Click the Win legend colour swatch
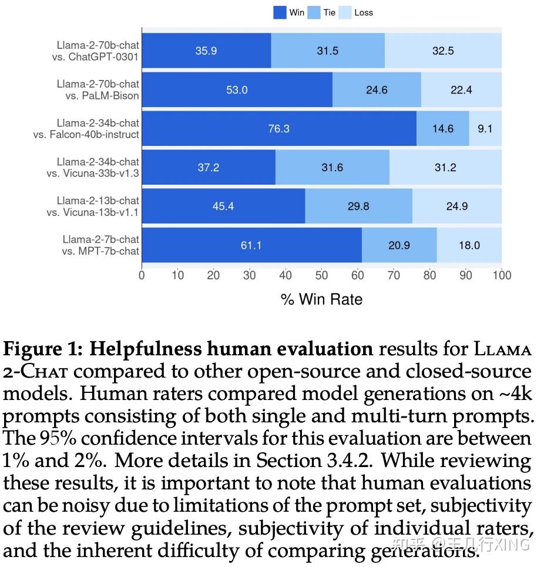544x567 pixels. click(x=280, y=12)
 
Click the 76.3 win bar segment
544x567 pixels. click(x=278, y=128)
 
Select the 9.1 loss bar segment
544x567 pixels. click(x=485, y=128)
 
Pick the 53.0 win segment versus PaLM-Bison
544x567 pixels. click(x=237, y=89)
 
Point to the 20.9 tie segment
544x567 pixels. click(x=399, y=245)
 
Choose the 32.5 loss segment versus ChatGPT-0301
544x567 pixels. click(x=443, y=51)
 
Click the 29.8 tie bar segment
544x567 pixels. click(x=358, y=206)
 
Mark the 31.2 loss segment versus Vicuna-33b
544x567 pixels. click(x=445, y=168)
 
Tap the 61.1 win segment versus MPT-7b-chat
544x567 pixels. click(x=251, y=245)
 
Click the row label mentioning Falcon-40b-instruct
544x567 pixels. click(x=86, y=129)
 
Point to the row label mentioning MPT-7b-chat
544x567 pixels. click(x=100, y=245)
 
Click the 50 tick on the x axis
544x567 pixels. click(x=321, y=275)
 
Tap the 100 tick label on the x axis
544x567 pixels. click(x=502, y=275)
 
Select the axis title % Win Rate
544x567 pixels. click(x=321, y=299)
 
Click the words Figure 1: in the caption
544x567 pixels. click(x=42, y=349)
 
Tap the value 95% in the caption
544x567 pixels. click(x=55, y=439)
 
